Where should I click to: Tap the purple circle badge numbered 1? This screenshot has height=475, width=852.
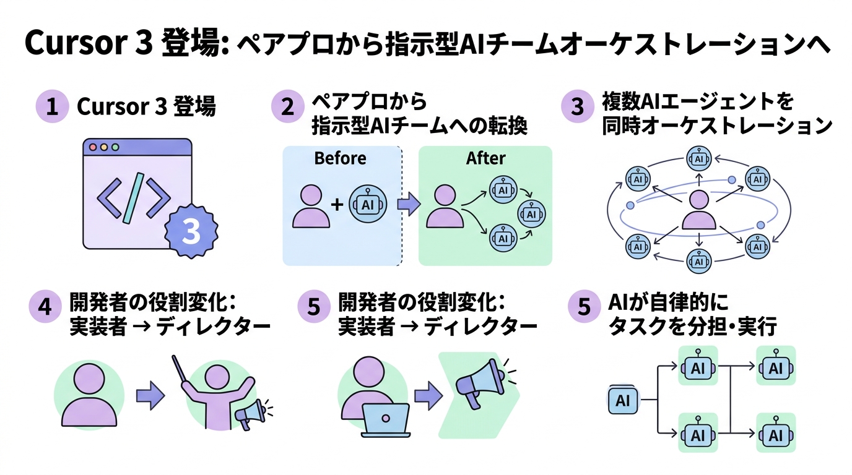52,106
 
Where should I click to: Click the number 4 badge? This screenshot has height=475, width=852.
45,307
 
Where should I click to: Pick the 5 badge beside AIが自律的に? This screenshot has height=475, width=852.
584,307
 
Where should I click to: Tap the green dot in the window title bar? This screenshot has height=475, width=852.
115,148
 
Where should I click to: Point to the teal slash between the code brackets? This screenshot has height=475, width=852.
134,198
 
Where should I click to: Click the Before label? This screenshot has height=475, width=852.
340,158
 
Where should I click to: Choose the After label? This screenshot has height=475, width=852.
485,158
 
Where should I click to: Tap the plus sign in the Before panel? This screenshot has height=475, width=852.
337,205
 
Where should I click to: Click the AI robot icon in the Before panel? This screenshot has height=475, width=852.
368,205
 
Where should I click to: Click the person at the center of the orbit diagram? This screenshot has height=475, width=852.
699,211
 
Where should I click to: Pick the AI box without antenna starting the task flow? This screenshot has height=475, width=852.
623,401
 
